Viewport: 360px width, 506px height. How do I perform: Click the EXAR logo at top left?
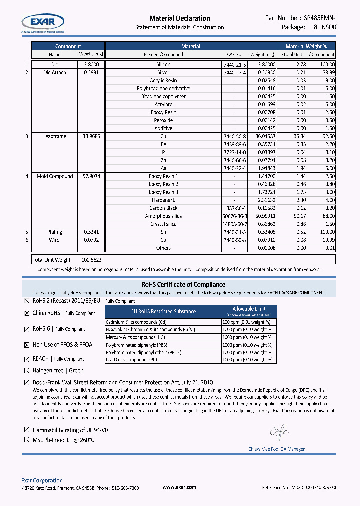pos(43,21)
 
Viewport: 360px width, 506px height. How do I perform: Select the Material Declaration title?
pos(180,18)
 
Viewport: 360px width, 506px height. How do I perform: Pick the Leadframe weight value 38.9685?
pos(91,136)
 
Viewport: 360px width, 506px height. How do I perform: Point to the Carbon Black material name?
pos(163,208)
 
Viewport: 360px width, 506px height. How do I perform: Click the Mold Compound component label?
pos(55,176)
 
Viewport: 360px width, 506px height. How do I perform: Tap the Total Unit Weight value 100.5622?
pos(91,260)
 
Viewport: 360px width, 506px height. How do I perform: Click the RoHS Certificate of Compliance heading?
pos(180,285)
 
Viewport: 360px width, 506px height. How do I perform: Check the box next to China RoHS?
pos(27,313)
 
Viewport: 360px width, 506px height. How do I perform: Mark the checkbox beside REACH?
pos(27,359)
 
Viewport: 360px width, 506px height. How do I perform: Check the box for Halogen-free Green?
pos(27,371)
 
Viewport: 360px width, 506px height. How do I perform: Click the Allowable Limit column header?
pos(249,309)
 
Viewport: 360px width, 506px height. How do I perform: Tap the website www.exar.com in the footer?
pos(179,487)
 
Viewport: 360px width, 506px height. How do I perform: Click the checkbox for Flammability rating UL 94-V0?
pos(27,430)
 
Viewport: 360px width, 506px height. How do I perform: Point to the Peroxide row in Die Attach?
pos(163,120)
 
